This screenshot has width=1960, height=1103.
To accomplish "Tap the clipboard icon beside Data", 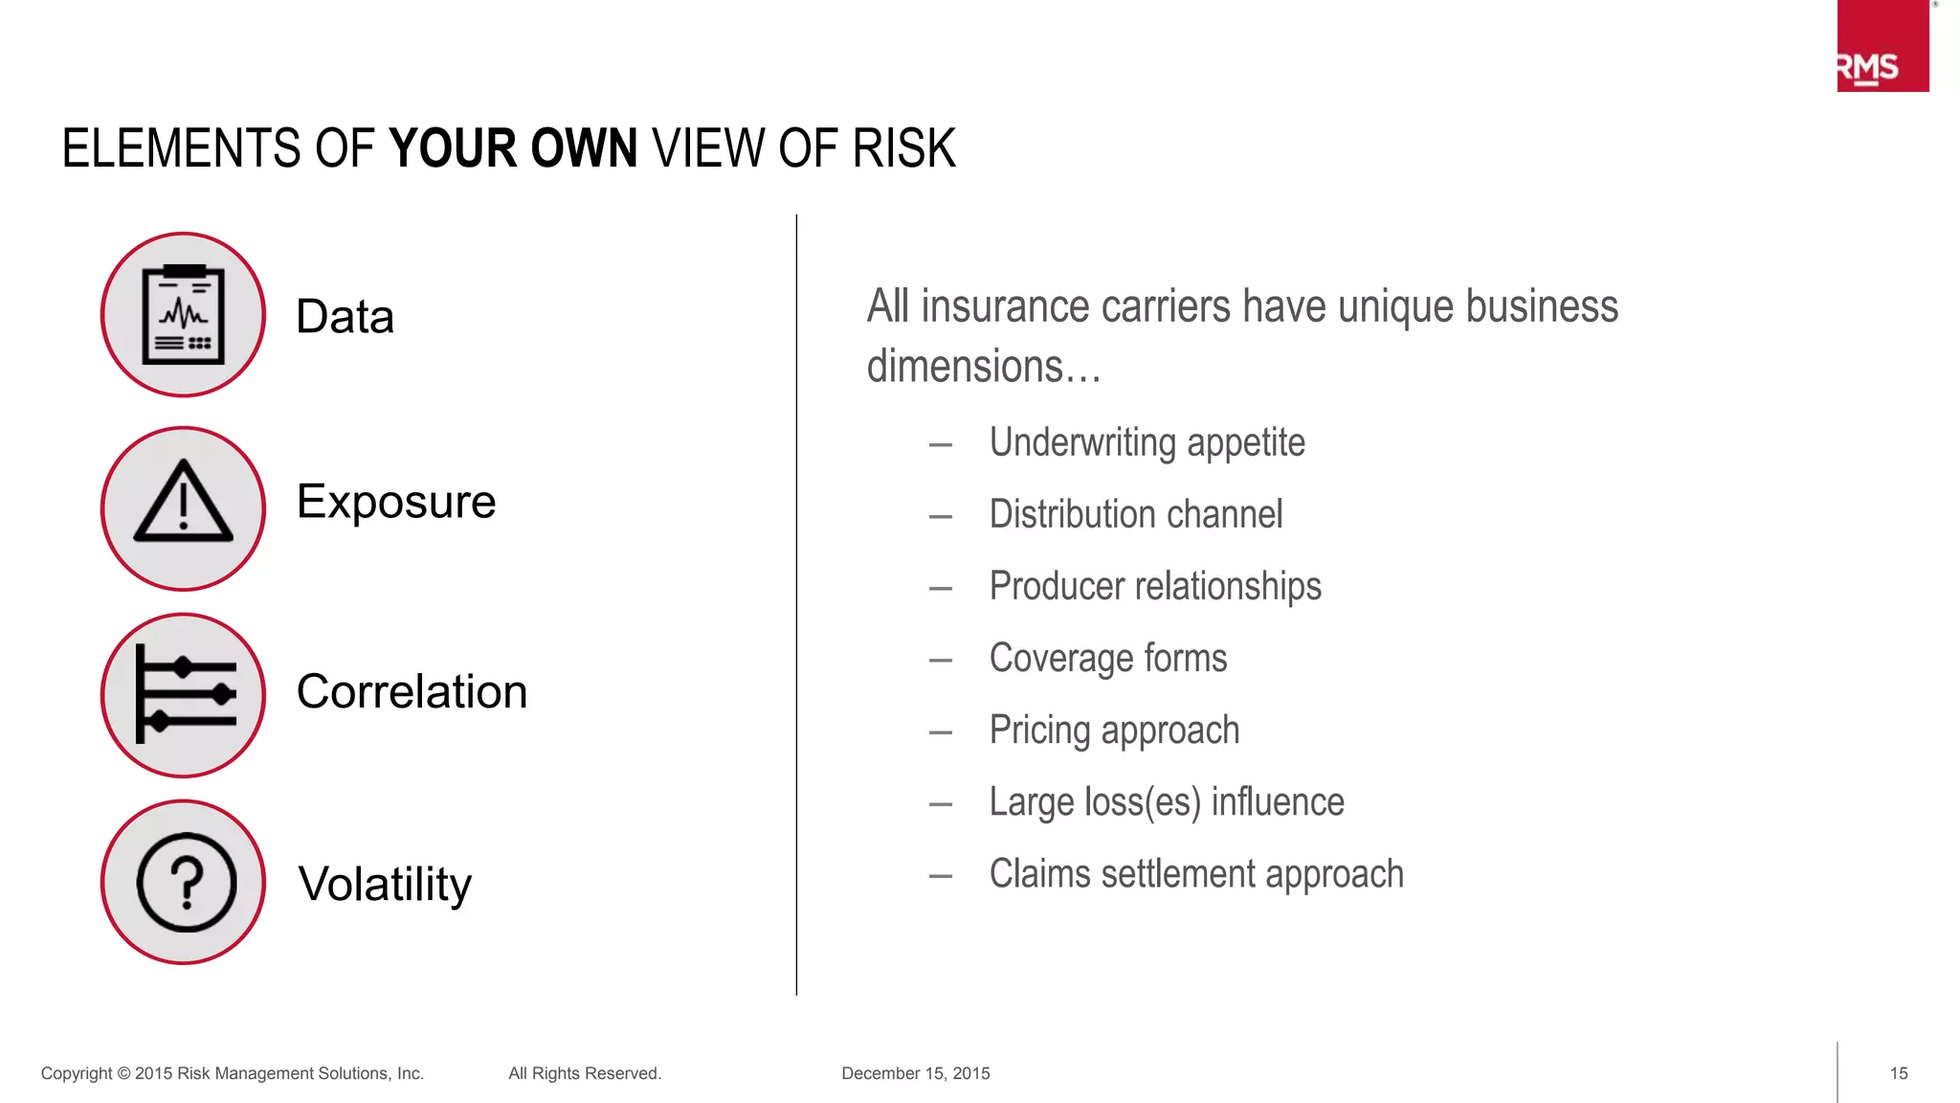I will pos(183,315).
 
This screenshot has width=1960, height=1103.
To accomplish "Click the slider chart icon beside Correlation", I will pos(184,694).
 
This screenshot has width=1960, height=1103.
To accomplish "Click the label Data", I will pos(345,317).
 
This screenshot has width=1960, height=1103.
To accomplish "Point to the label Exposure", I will pos(395,502).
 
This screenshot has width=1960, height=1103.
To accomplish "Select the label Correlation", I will pos(412,691).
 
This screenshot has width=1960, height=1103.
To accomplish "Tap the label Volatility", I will pos(385,884).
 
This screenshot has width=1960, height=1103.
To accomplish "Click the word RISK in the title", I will pos(903,148).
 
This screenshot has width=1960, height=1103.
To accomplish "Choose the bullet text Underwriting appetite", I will pos(1147,443).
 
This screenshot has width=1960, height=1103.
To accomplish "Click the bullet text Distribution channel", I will pos(1135,515).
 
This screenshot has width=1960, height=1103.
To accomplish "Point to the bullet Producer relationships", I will pos(1154,586).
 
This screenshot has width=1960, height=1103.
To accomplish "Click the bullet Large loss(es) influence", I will pos(1166,802).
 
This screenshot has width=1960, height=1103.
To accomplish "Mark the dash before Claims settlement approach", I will pos(940,876).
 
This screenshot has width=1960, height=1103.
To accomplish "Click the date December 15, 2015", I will pos(915,1073).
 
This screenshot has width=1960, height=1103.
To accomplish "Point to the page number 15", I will pos(1899,1073).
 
